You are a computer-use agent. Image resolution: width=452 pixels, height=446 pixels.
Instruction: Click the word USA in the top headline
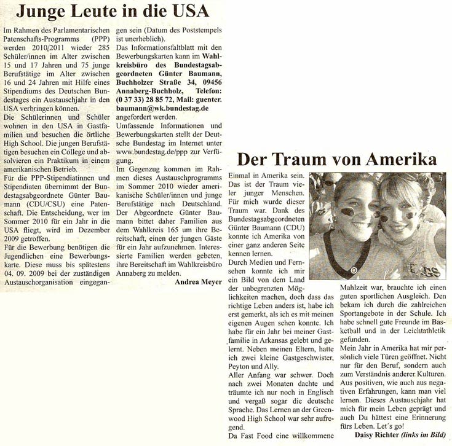(x=187, y=11)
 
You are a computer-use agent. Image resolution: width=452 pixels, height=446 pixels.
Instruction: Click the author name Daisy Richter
(x=377, y=436)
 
